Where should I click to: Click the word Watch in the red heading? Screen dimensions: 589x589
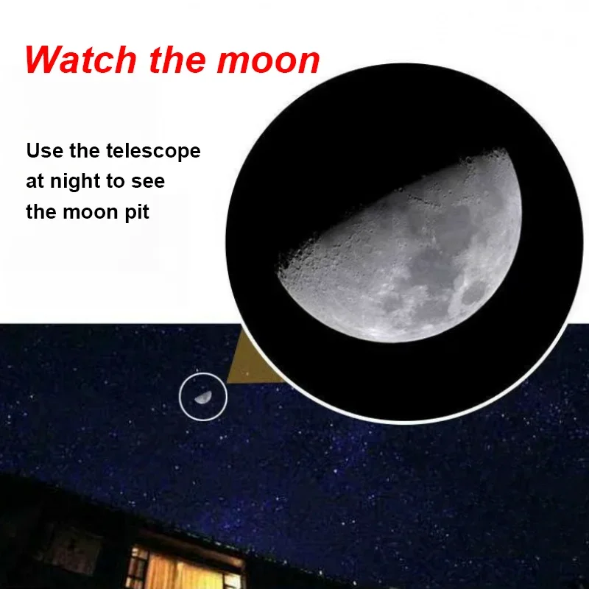[81, 60]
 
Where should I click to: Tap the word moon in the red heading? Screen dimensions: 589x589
[268, 60]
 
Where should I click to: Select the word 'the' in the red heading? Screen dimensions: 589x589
[177, 60]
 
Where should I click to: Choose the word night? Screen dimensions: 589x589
[75, 182]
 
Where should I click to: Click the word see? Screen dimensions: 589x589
[148, 182]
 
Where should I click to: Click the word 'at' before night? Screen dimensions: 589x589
[35, 182]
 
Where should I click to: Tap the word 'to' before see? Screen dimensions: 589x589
[116, 182]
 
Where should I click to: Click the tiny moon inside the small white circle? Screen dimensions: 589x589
[203, 397]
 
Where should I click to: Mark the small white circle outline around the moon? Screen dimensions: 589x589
[203, 374]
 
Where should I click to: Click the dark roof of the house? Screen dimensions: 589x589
[124, 507]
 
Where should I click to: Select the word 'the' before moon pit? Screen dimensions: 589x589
[41, 212]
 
